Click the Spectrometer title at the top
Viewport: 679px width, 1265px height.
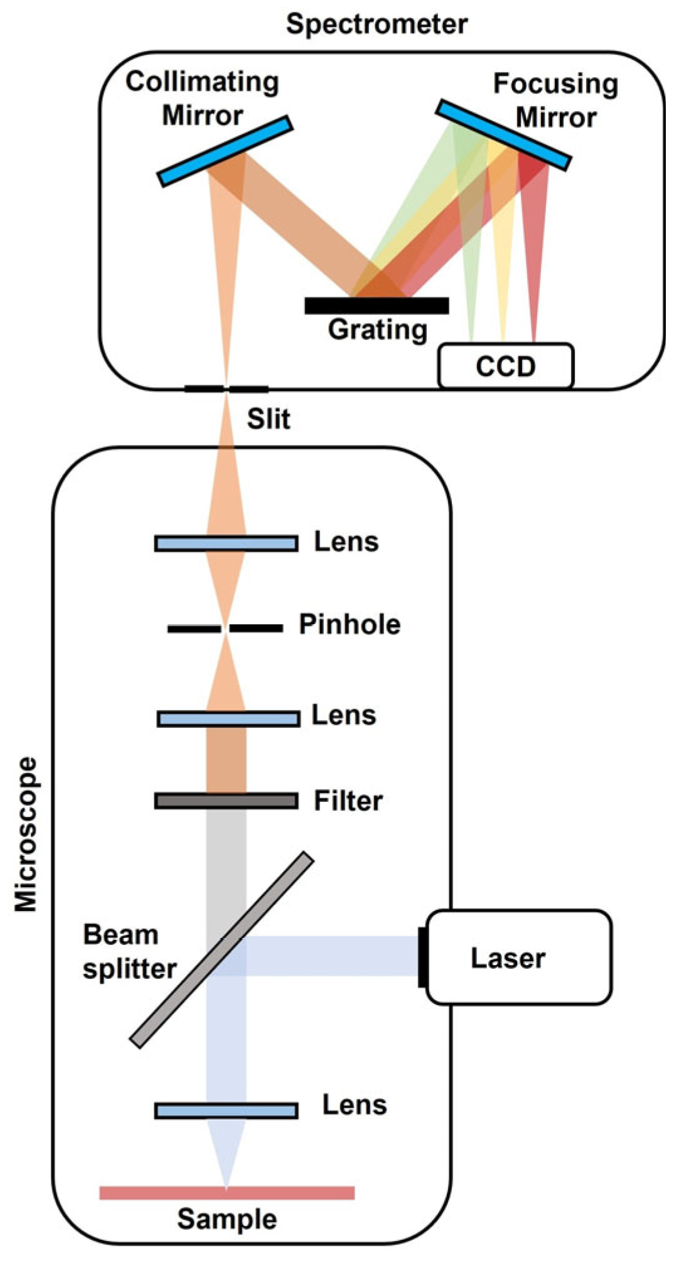[x=377, y=24]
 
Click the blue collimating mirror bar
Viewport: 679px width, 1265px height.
[x=225, y=151]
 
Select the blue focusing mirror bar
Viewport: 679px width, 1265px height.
[x=503, y=135]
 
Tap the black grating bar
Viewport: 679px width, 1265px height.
[x=377, y=306]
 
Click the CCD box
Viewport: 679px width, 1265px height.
[x=506, y=366]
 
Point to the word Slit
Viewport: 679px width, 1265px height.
[x=269, y=419]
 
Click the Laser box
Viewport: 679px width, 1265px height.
[x=518, y=958]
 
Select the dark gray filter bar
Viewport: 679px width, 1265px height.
[x=226, y=801]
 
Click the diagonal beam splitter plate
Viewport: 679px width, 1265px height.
[x=221, y=950]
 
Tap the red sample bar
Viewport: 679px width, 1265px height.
[x=227, y=1193]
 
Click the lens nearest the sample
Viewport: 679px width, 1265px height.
[x=226, y=1111]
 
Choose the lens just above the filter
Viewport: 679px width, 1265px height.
[x=228, y=718]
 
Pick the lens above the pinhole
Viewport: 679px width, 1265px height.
[x=226, y=543]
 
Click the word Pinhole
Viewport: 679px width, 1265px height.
[x=350, y=624]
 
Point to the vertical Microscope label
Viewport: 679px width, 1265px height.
[x=26, y=835]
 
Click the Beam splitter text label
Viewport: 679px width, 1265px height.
[x=129, y=952]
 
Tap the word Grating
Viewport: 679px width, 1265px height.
[x=377, y=329]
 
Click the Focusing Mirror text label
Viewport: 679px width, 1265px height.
[x=555, y=100]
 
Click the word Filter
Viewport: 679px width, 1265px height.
[x=348, y=801]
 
